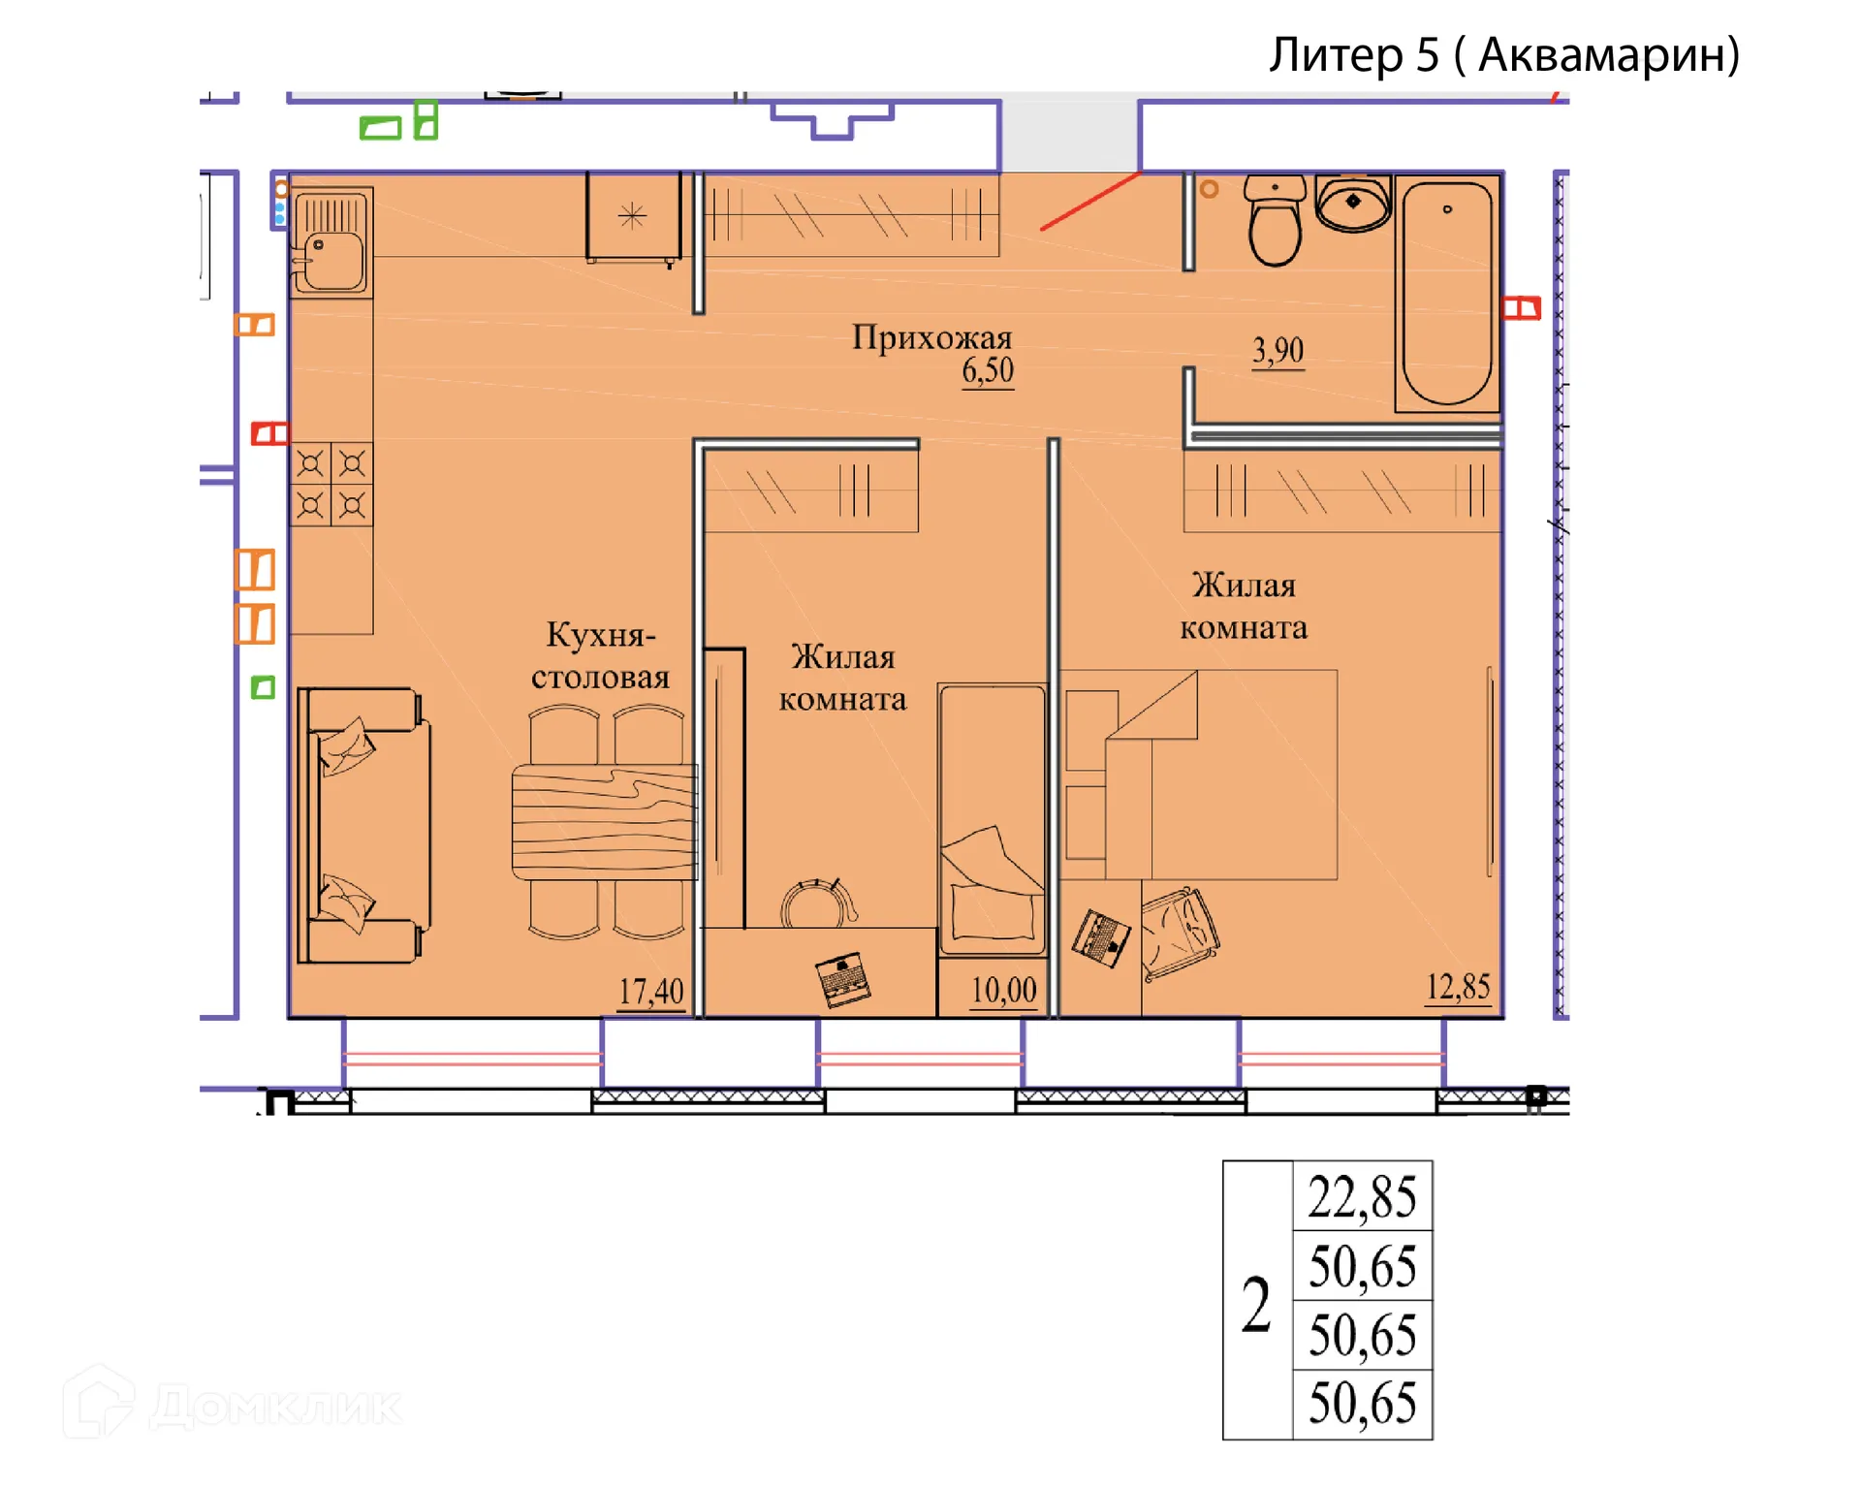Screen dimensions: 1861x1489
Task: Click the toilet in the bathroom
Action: click(1275, 221)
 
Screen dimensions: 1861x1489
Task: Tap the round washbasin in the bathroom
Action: click(1353, 203)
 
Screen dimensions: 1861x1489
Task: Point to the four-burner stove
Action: click(331, 484)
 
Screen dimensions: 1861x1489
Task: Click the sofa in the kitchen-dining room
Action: click(363, 825)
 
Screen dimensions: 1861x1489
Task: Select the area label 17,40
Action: click(651, 992)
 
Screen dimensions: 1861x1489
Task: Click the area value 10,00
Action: click(1004, 991)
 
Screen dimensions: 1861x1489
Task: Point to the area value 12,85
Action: click(1458, 988)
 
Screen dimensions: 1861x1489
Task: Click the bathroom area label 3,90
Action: click(1278, 351)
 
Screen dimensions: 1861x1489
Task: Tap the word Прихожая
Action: click(931, 337)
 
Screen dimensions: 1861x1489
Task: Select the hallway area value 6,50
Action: click(988, 370)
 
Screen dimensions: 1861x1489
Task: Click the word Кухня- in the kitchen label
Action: click(601, 635)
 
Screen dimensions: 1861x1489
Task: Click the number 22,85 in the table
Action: click(1362, 1196)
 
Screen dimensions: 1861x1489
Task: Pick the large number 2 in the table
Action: click(1256, 1304)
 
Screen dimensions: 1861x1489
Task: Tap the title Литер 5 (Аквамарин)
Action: click(1505, 54)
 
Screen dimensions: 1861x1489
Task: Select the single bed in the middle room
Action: click(993, 820)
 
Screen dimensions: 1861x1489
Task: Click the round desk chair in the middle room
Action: click(819, 903)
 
